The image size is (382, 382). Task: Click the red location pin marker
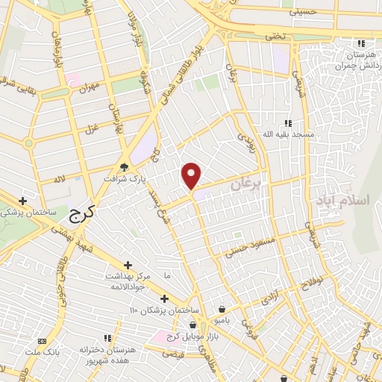click(192, 175)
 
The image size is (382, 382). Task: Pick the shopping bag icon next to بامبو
click(222, 308)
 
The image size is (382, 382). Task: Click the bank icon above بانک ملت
click(51, 340)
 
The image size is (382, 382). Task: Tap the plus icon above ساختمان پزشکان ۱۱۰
click(164, 298)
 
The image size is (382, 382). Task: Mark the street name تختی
click(277, 36)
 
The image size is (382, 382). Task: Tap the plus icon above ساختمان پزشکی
click(23, 201)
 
